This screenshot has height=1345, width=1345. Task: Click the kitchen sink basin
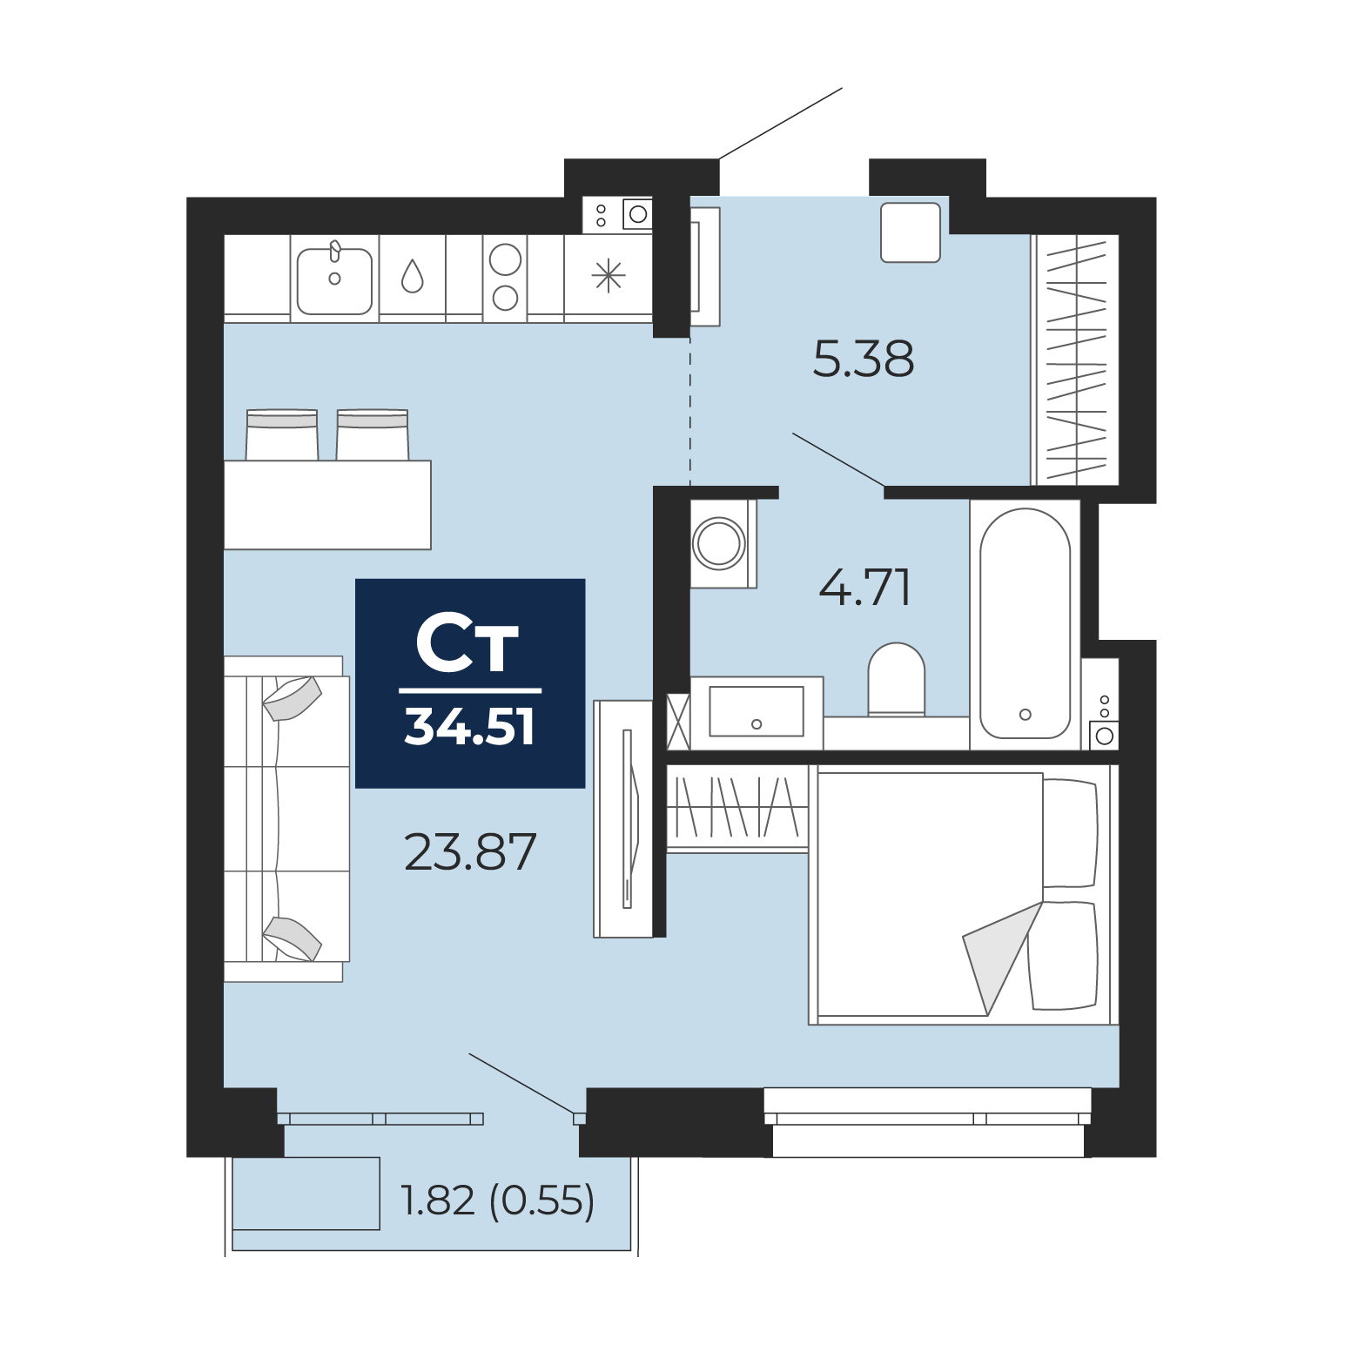(x=334, y=281)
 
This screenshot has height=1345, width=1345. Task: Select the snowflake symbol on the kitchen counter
(x=609, y=276)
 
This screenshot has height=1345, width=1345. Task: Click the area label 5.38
(x=863, y=359)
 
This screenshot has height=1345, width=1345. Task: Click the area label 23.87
(x=470, y=852)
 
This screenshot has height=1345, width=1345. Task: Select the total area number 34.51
(x=470, y=727)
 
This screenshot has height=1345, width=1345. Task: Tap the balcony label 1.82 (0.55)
(x=497, y=1200)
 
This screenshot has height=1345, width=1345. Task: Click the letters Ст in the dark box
(x=467, y=643)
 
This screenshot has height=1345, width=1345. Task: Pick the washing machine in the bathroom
(x=723, y=543)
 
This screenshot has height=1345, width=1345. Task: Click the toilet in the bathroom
(x=896, y=680)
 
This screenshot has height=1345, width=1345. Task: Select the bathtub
(x=1025, y=623)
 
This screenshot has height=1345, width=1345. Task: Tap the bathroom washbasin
(x=757, y=712)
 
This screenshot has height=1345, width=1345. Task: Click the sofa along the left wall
(x=286, y=819)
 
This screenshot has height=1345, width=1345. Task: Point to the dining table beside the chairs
(x=327, y=505)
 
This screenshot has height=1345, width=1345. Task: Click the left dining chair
(x=282, y=434)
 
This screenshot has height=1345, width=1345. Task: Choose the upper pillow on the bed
(x=1070, y=833)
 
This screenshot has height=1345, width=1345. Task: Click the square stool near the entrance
(x=911, y=232)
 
